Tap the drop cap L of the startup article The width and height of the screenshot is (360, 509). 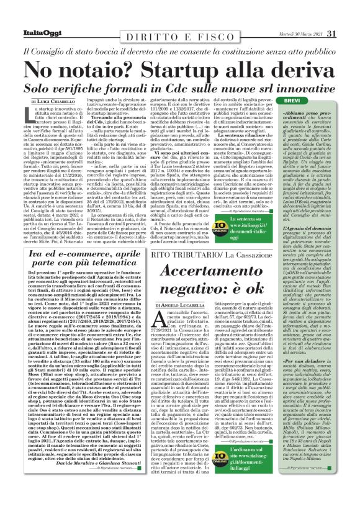(x=32, y=115)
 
